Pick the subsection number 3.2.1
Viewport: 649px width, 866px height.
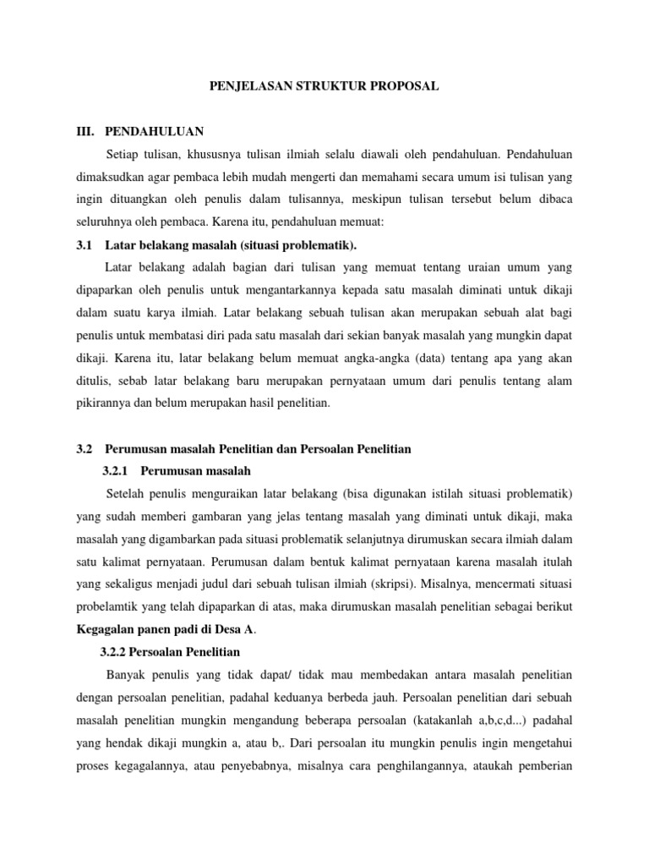click(x=117, y=470)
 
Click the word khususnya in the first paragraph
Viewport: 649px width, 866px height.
click(x=206, y=156)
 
